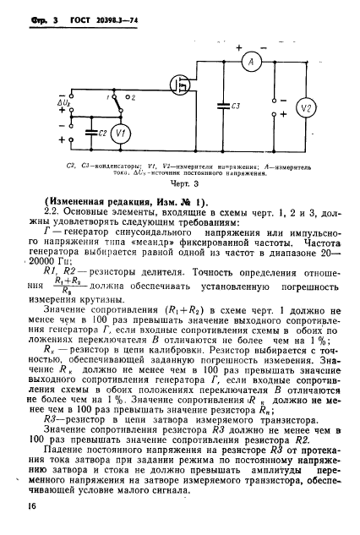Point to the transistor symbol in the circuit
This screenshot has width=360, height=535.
[178, 86]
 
